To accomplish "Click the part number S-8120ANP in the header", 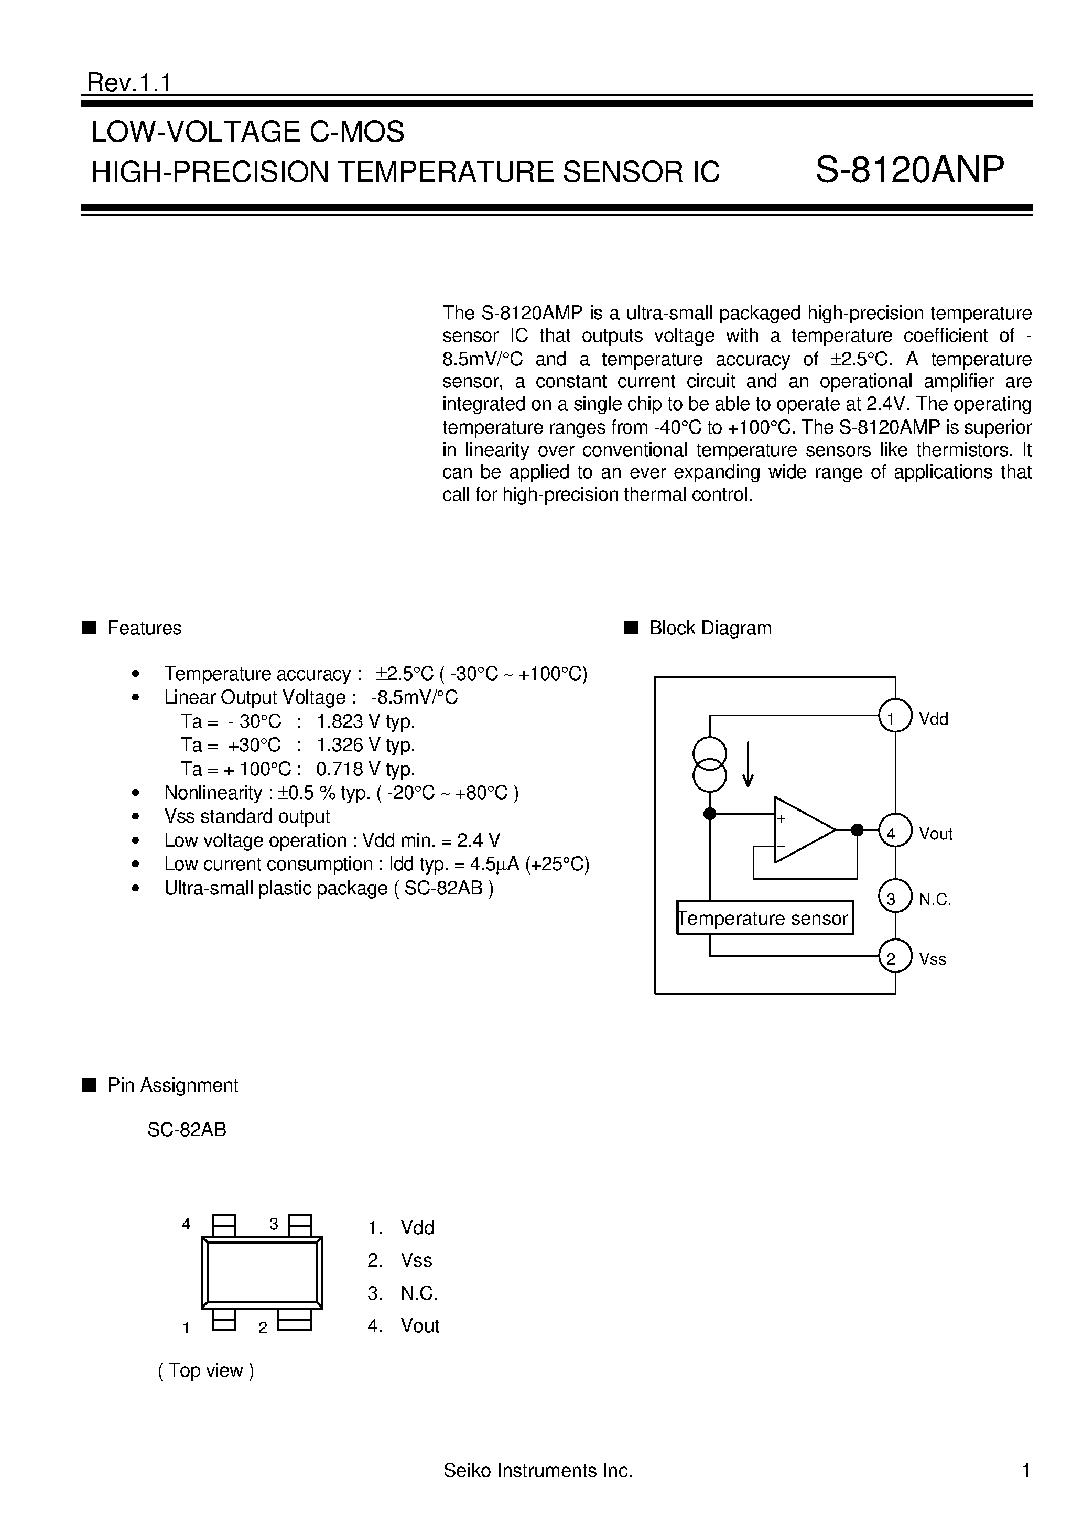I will pos(909,170).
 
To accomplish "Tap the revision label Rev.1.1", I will pos(129,83).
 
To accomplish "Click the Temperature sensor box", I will pos(764,918).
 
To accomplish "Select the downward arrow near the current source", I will pos(749,764).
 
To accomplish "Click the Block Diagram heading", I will pos(710,628).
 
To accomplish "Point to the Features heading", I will pos(144,628).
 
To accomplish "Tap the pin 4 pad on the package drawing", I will pos(224,1225).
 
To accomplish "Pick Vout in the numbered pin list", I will pos(420,1325).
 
